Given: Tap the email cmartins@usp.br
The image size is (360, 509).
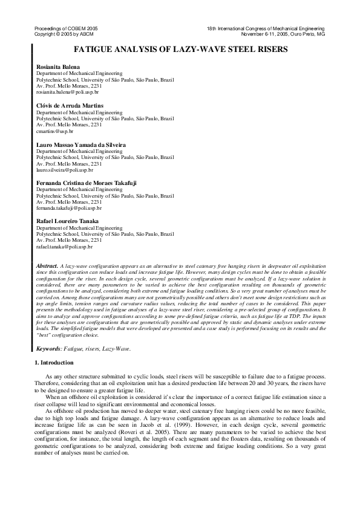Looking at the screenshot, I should (x=54, y=131).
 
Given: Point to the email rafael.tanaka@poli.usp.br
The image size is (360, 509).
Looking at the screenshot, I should (x=64, y=247).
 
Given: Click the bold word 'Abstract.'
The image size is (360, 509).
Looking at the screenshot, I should (x=47, y=265).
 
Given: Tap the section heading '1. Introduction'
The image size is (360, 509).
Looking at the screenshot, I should (x=57, y=362).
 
